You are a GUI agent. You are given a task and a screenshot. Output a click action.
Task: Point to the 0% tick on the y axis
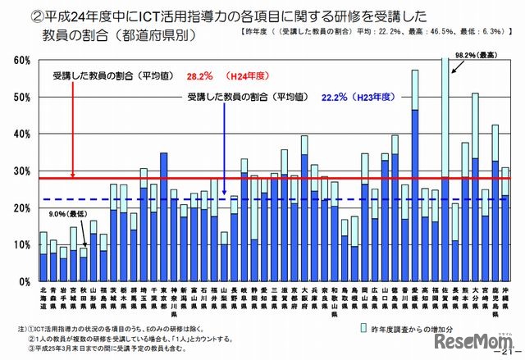point(24,281)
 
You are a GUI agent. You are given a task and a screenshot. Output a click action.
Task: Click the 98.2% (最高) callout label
point(474,55)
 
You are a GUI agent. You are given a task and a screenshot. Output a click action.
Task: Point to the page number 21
point(508,350)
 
